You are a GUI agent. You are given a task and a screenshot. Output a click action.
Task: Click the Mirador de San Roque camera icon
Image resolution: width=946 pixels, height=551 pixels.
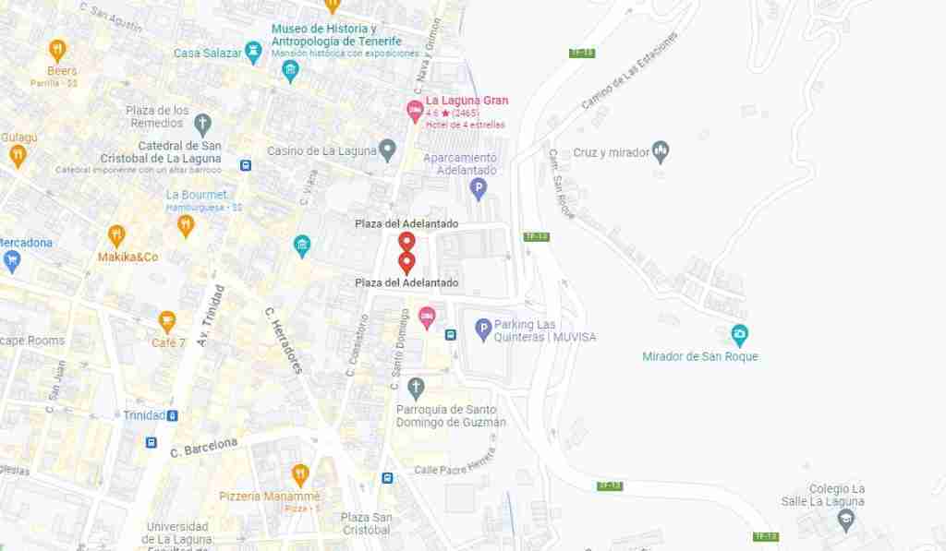(x=739, y=334)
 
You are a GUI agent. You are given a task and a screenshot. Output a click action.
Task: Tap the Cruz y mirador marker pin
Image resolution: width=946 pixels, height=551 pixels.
(x=660, y=150)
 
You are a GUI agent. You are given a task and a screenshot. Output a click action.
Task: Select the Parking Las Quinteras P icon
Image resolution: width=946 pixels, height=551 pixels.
(x=482, y=328)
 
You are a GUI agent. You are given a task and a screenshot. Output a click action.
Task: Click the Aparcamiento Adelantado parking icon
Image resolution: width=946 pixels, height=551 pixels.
(x=478, y=190)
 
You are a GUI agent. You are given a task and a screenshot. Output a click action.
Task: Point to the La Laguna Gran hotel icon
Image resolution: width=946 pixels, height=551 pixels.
(x=416, y=112)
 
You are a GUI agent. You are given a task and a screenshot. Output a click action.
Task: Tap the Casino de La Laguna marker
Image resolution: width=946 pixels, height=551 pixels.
(x=388, y=149)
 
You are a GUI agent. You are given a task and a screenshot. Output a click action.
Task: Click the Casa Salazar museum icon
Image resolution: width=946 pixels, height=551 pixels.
(x=253, y=50)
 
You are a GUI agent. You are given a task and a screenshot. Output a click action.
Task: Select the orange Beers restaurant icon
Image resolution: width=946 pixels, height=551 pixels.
(x=58, y=49)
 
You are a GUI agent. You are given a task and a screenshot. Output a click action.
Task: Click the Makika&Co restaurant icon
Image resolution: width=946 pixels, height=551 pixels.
(x=116, y=235)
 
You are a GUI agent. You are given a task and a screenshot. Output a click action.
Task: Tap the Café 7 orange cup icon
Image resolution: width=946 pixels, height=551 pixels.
(x=167, y=321)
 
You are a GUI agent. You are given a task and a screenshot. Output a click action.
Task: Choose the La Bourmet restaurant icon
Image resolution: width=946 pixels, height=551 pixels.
(x=186, y=224)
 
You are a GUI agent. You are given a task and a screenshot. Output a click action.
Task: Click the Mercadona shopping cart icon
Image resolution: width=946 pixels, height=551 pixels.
(x=12, y=261)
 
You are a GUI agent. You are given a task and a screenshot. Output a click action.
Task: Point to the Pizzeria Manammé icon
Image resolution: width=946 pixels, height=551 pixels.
(x=299, y=475)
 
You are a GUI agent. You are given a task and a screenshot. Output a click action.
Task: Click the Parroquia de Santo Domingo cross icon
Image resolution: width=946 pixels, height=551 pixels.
(x=417, y=386)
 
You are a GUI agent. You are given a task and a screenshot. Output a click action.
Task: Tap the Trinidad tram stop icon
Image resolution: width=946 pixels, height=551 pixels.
(x=173, y=415)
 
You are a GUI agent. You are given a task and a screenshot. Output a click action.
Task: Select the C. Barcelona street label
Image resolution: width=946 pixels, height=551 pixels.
(x=204, y=447)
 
